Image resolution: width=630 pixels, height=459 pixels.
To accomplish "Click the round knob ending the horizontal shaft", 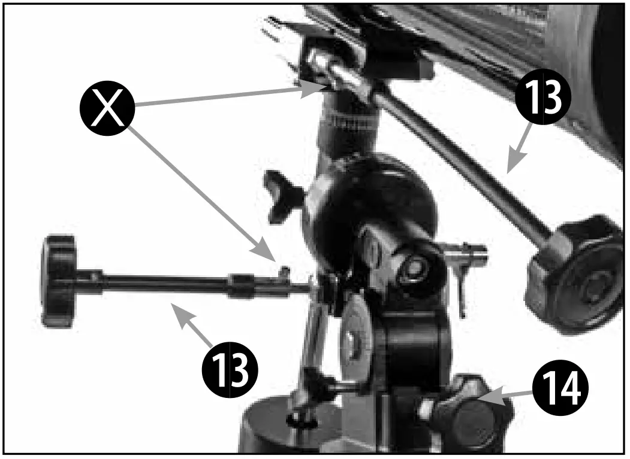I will (x=58, y=281).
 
